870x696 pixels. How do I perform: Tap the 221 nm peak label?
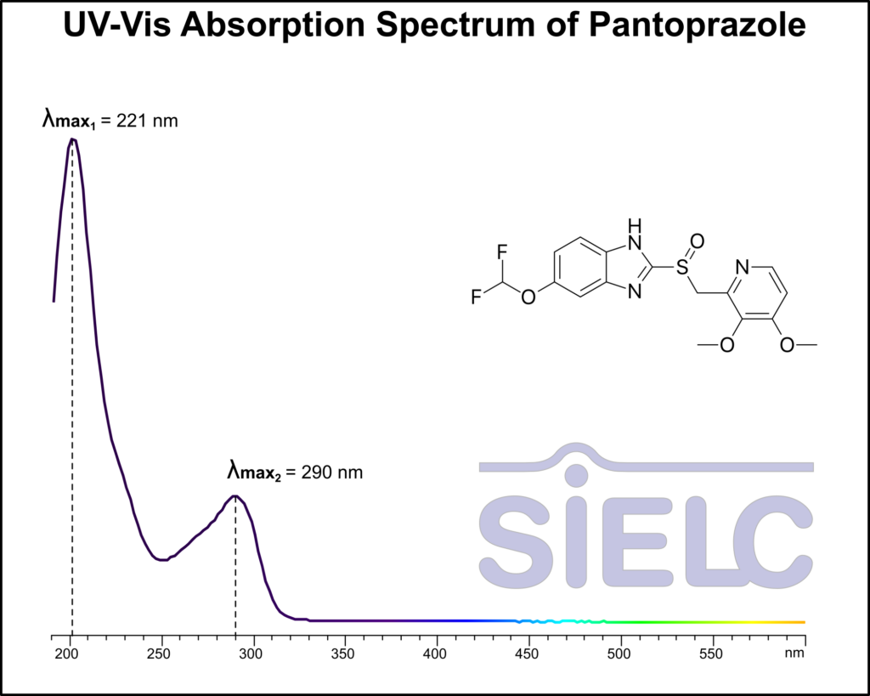click(110, 120)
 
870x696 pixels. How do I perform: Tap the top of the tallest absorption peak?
click(73, 139)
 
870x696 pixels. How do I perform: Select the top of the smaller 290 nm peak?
click(235, 496)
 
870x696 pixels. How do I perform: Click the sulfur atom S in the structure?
click(681, 269)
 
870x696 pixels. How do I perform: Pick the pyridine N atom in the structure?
click(741, 269)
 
